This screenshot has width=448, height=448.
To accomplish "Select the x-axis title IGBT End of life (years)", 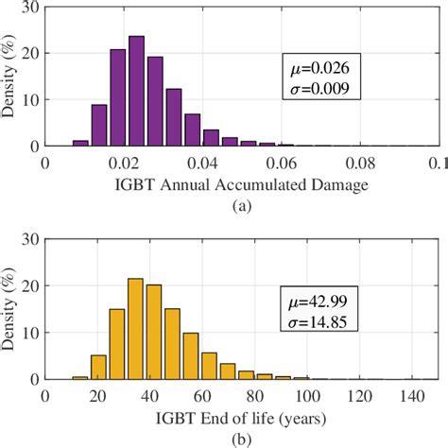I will (242, 416).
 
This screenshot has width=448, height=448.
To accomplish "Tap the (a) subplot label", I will (242, 203).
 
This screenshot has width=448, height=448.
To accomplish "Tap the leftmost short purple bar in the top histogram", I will (80, 143).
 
